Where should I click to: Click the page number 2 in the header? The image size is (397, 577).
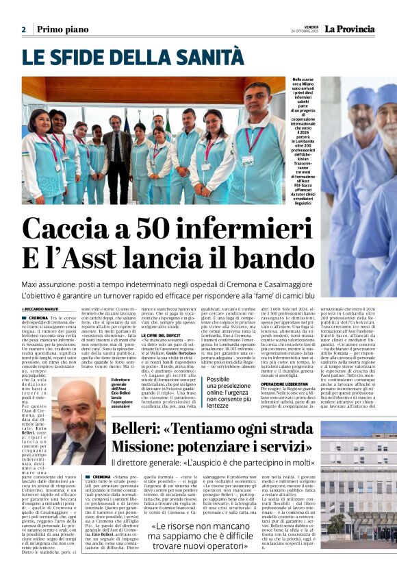pyautogui.click(x=23, y=29)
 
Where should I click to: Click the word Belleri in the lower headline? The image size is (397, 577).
pyautogui.click(x=136, y=428)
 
